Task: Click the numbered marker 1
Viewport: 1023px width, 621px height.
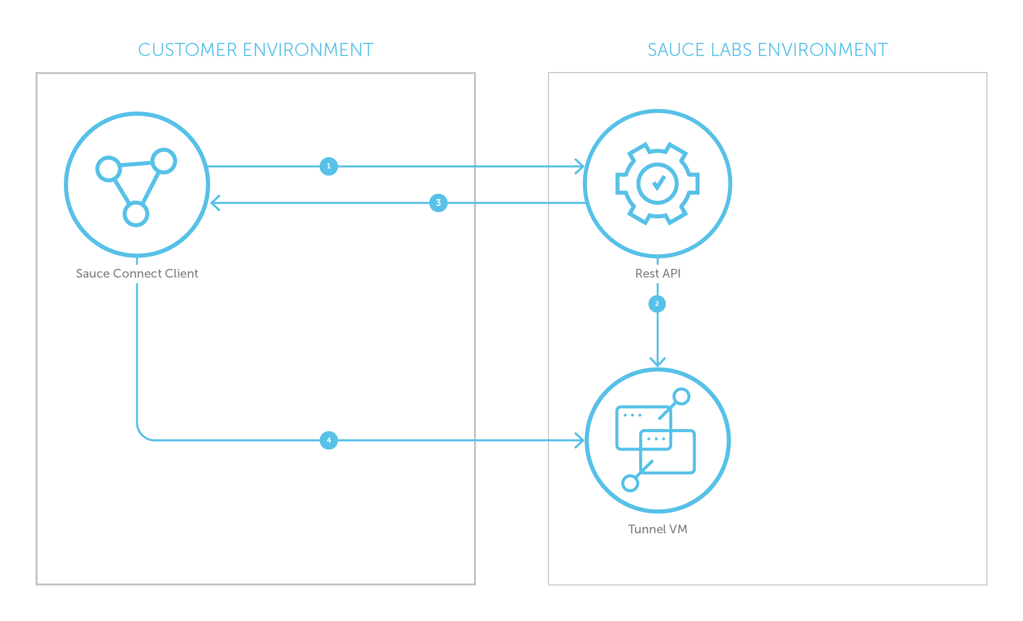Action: [x=329, y=166]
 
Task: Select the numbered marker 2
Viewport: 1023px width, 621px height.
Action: [x=657, y=304]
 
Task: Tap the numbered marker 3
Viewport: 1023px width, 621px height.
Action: [x=438, y=203]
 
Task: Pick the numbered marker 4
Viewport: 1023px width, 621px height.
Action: [x=329, y=440]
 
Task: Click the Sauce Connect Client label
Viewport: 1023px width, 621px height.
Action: [x=137, y=273]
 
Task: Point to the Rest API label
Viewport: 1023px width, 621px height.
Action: [x=658, y=273]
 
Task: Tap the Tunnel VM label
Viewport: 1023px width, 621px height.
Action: [x=657, y=529]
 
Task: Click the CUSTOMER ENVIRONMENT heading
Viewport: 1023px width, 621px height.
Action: [x=256, y=50]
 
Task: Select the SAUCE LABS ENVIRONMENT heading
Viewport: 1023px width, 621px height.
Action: [x=767, y=50]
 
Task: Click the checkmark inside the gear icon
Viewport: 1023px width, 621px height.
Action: [x=658, y=183]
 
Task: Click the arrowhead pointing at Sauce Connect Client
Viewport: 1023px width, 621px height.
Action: [x=214, y=203]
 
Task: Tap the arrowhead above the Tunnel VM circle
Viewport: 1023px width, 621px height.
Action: [x=657, y=363]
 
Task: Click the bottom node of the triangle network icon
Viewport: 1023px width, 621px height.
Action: [x=136, y=214]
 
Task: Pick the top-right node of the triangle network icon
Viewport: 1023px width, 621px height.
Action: [x=164, y=161]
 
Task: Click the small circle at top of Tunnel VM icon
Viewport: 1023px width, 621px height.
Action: [x=681, y=396]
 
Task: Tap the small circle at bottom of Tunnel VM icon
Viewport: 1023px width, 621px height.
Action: [x=630, y=483]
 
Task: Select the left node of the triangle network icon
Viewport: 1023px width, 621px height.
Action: [x=108, y=169]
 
